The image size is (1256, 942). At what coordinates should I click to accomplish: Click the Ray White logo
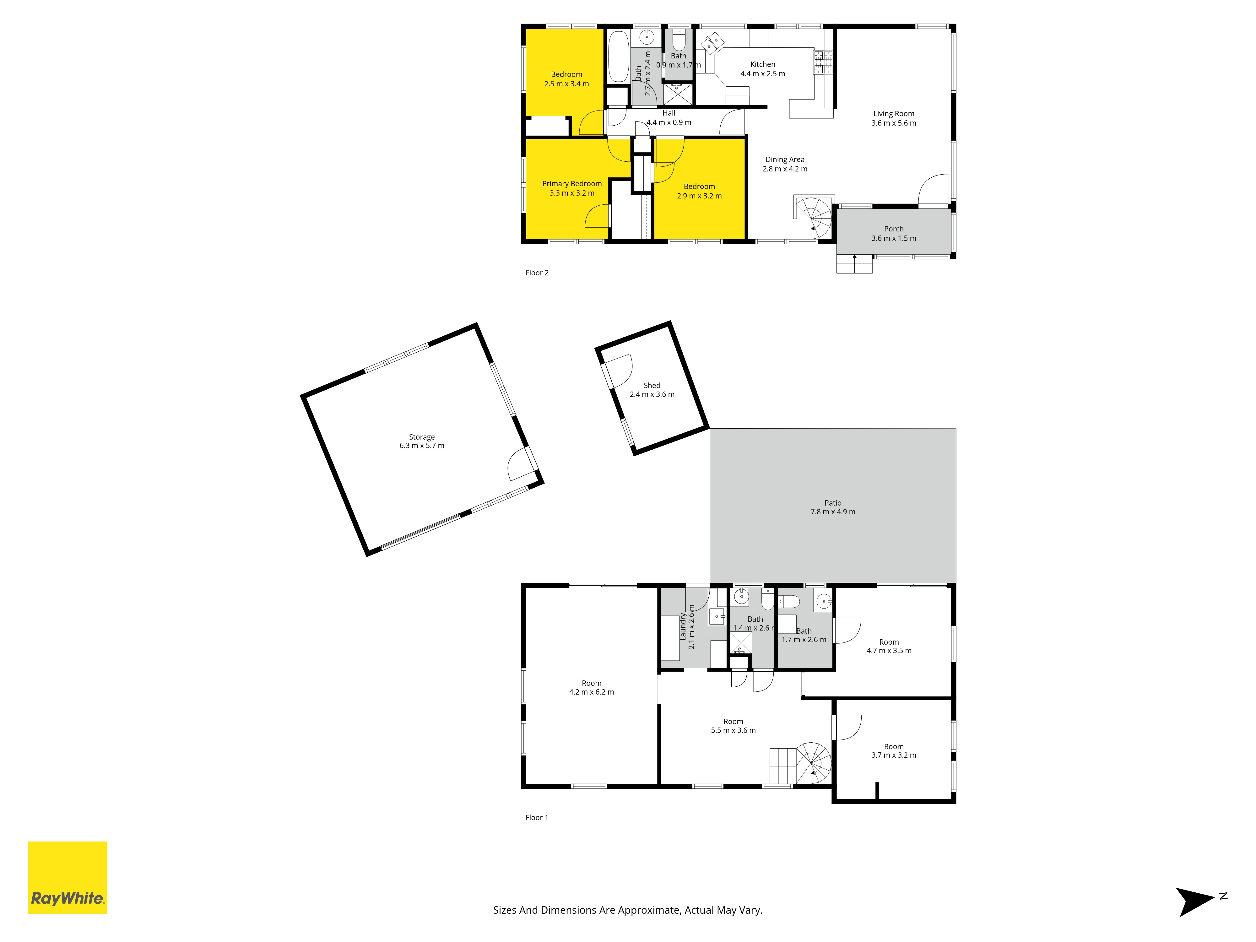click(x=68, y=877)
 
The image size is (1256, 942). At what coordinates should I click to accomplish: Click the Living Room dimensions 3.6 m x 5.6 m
click(x=894, y=123)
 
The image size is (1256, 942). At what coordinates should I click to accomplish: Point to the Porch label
click(x=894, y=229)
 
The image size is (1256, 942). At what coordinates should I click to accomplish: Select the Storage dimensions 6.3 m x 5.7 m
click(x=422, y=446)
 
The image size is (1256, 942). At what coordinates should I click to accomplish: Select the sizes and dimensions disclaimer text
click(x=627, y=910)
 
